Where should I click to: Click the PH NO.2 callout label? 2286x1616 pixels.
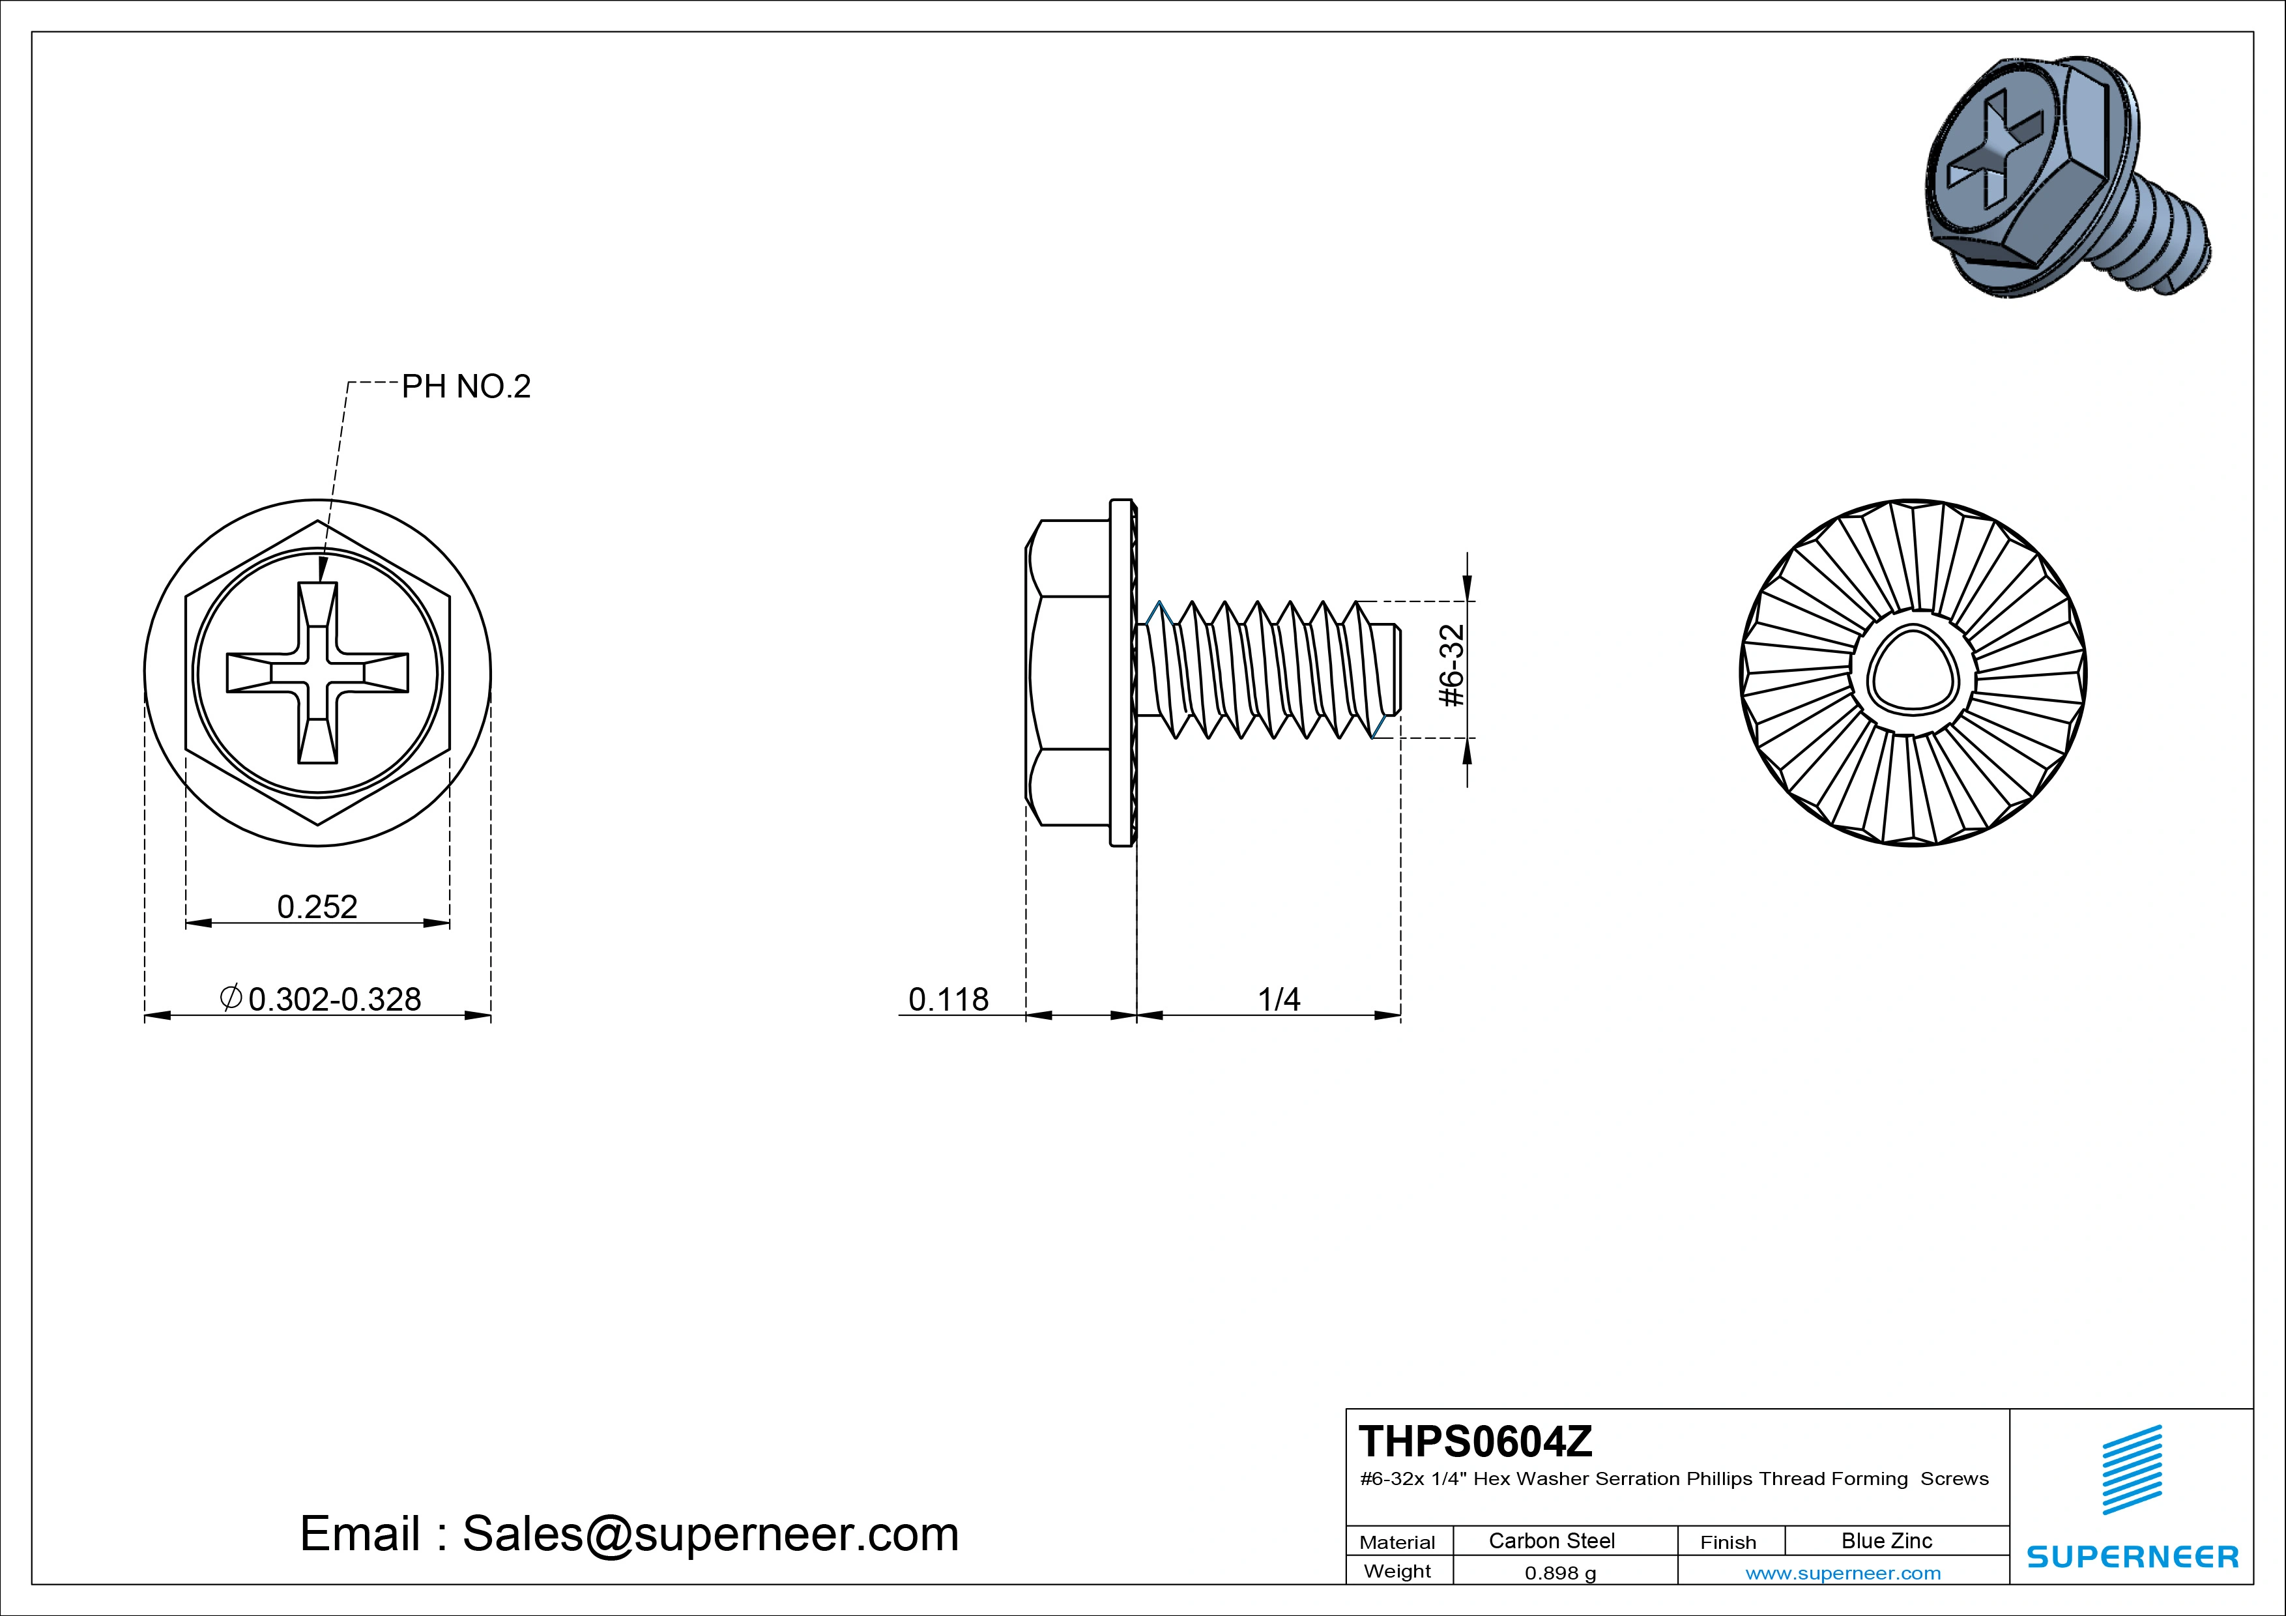tap(465, 386)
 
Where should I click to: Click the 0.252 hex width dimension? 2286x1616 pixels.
tap(317, 906)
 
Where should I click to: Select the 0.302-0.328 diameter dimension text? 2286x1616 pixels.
tap(334, 999)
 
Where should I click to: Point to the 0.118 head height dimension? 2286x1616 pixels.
tap(948, 999)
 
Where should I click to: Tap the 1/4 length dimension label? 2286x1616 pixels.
tap(1279, 999)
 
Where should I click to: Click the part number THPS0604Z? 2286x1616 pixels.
tap(1475, 1441)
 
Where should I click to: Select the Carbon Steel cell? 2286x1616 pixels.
tap(1551, 1540)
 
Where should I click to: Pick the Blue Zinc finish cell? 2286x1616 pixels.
tap(1886, 1540)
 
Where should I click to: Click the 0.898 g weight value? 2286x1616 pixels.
tap(1559, 1573)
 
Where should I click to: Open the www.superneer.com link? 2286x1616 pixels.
tap(1842, 1573)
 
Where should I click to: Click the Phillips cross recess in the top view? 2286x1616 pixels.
tap(317, 673)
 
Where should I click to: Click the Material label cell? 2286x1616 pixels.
tap(1397, 1542)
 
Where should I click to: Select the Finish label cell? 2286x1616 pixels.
tap(1728, 1542)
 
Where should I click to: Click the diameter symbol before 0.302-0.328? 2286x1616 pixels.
tap(230, 998)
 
